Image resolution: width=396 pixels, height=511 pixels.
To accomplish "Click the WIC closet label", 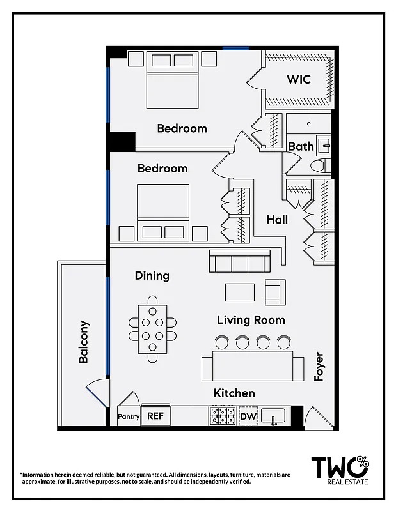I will (x=298, y=80).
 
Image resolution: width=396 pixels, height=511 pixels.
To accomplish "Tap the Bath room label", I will (x=301, y=146).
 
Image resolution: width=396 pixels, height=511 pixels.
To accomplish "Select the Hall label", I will (x=277, y=220).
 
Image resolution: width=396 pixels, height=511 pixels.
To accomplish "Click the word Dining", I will (x=152, y=276).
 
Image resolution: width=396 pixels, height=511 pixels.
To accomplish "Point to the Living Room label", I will (x=251, y=320).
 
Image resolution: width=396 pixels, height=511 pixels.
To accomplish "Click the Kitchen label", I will (x=234, y=393).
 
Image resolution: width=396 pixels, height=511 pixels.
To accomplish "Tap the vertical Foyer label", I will (x=319, y=367).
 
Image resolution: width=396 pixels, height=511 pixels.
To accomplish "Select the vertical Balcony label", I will (x=84, y=342).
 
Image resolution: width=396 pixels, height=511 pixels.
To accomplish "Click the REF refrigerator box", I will (x=155, y=416).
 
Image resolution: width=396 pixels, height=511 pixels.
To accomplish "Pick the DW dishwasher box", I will (x=248, y=416).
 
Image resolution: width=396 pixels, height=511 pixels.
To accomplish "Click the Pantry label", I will (x=129, y=416).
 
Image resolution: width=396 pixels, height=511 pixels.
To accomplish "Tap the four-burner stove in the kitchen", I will (x=223, y=416).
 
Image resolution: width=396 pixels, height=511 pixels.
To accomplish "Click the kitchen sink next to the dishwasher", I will (x=274, y=417).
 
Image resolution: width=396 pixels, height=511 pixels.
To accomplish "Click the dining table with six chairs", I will (x=152, y=329).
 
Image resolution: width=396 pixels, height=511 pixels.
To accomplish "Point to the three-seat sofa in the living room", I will (x=239, y=262).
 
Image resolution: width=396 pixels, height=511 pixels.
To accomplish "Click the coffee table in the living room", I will (x=240, y=292).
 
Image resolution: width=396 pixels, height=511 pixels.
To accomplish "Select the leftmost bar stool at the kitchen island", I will (x=222, y=343).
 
